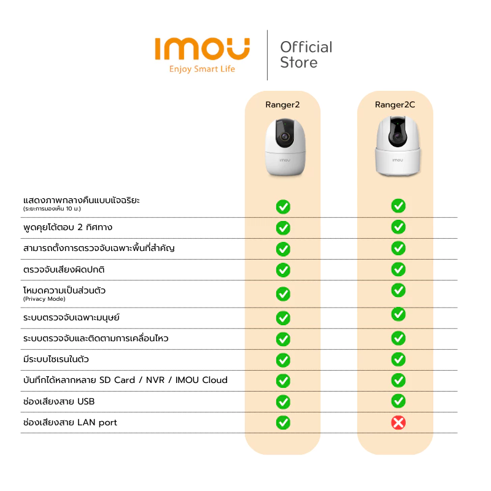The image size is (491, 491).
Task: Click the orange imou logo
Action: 203,49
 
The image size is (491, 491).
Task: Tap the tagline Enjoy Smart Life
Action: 202,69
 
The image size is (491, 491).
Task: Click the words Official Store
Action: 306,55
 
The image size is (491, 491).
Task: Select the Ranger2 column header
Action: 282,104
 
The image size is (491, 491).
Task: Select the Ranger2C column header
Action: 395,104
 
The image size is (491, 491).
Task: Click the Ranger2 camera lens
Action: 285,137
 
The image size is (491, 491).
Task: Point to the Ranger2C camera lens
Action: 397,137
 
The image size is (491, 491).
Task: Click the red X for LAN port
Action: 398,423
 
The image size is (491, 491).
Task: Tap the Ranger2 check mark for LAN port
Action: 283,423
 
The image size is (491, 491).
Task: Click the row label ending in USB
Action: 59,401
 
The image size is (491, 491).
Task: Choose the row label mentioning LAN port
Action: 70,422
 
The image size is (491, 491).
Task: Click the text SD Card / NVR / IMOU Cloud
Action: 163,380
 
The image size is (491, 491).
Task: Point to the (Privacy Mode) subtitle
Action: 44,299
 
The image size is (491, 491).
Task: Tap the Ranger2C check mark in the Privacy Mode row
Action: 398,290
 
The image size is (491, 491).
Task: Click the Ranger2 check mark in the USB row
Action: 283,402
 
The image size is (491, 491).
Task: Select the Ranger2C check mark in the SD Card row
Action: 398,381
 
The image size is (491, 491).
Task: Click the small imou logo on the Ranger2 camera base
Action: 285,160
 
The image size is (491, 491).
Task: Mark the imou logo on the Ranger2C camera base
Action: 398,160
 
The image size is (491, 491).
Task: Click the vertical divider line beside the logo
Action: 267,55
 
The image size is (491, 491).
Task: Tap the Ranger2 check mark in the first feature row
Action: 283,207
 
